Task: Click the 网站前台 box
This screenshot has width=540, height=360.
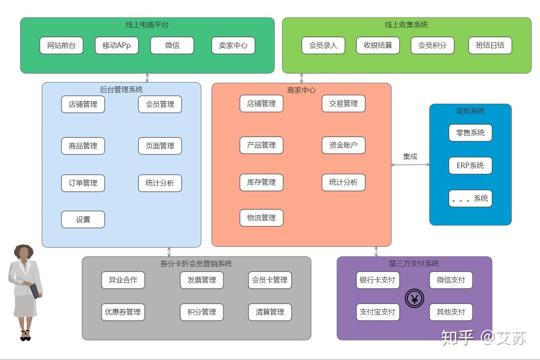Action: (61, 45)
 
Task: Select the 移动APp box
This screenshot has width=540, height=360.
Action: (117, 45)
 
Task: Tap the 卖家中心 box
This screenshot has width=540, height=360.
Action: (233, 45)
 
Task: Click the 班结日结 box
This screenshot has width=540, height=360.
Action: (490, 45)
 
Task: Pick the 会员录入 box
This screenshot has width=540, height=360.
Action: (323, 45)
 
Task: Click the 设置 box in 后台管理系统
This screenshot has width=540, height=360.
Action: (83, 220)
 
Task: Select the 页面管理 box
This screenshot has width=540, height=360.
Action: (160, 146)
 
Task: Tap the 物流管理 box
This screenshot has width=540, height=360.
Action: (261, 218)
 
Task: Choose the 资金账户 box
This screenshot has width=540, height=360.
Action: (343, 145)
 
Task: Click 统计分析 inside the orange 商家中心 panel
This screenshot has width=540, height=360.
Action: (343, 182)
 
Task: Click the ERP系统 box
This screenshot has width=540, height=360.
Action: (470, 165)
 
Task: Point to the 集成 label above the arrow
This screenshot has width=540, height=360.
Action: (410, 157)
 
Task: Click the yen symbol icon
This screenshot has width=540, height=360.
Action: (414, 299)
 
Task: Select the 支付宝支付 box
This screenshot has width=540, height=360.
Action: (378, 312)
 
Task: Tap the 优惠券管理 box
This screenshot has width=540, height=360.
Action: (123, 312)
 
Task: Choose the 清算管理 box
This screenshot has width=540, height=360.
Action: (270, 312)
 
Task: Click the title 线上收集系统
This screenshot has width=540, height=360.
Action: (406, 25)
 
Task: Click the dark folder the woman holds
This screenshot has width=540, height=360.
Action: (34, 291)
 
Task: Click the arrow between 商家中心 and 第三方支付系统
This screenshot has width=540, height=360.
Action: (376, 252)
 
